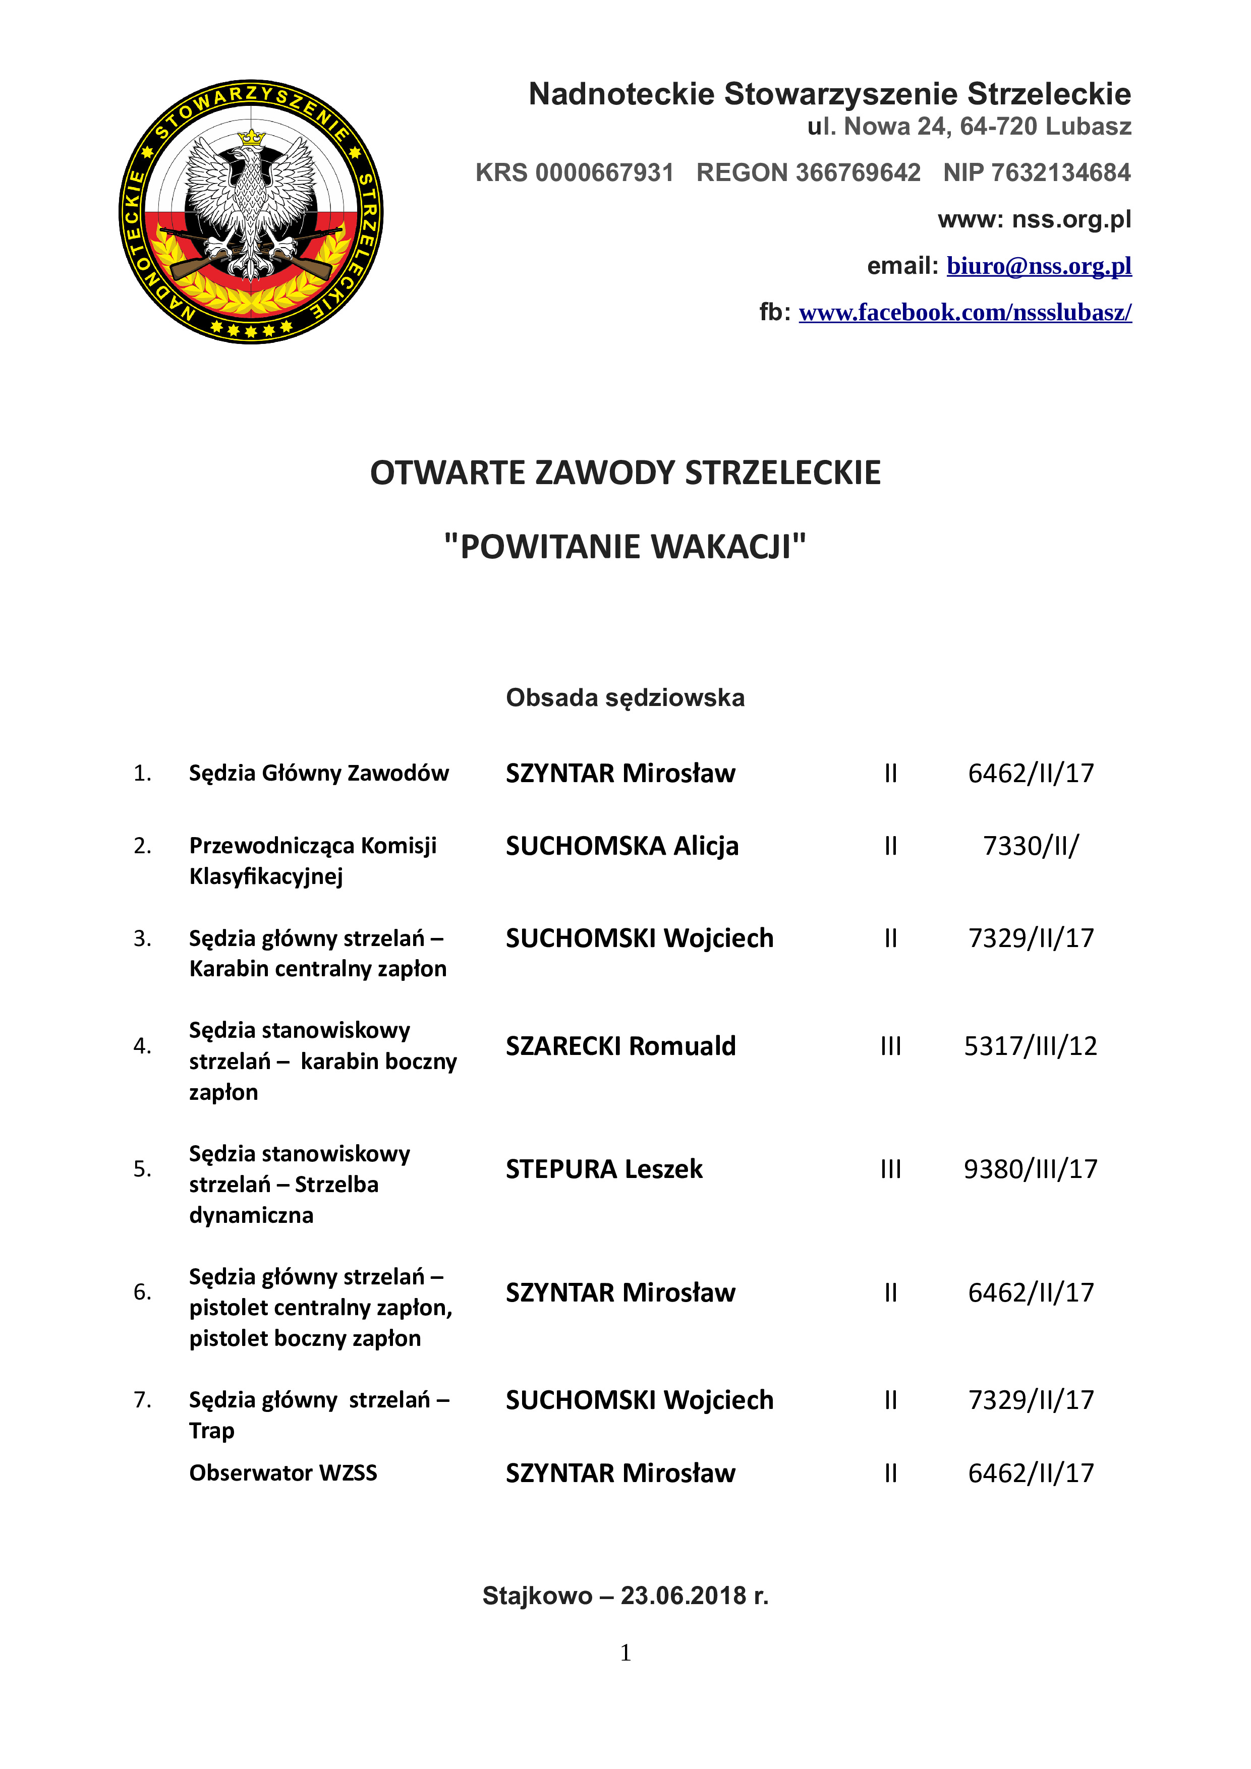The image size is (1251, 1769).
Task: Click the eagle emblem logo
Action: pyautogui.click(x=251, y=212)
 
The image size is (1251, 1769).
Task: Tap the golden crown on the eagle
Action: pyautogui.click(x=251, y=138)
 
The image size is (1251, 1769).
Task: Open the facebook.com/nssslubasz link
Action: pyautogui.click(x=965, y=312)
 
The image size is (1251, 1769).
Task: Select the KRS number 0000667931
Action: pyautogui.click(x=604, y=172)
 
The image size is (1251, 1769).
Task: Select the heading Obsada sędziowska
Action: pyautogui.click(x=625, y=697)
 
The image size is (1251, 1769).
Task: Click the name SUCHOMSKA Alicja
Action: pyautogui.click(x=622, y=846)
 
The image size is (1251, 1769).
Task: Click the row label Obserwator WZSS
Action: pyautogui.click(x=283, y=1472)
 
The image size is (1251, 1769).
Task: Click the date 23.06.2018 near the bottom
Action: pyautogui.click(x=685, y=1595)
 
